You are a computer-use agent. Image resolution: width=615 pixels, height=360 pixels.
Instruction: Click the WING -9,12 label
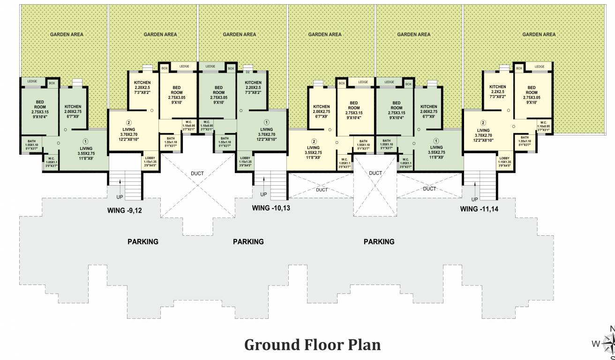[x=124, y=210]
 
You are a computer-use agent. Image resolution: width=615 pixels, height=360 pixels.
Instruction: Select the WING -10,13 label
[x=271, y=208]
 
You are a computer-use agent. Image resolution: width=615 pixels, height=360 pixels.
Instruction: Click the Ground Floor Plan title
[x=312, y=345]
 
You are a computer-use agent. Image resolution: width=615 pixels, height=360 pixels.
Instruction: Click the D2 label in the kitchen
[x=247, y=72]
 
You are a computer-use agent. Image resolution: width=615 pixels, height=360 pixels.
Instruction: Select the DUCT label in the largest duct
[x=197, y=173]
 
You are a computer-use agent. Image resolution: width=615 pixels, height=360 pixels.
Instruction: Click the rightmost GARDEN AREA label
[x=539, y=34]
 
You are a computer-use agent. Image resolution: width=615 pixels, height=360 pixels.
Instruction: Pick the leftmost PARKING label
[x=143, y=242]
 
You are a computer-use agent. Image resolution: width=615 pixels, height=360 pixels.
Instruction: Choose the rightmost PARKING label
[x=379, y=242]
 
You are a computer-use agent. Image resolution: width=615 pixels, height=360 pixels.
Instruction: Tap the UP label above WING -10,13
[x=263, y=194]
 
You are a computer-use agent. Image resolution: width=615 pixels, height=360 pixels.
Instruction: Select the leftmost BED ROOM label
[x=40, y=104]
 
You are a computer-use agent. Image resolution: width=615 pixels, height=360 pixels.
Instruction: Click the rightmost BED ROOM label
[x=532, y=90]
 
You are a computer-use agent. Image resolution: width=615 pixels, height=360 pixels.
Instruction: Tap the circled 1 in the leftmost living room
[x=86, y=141]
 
